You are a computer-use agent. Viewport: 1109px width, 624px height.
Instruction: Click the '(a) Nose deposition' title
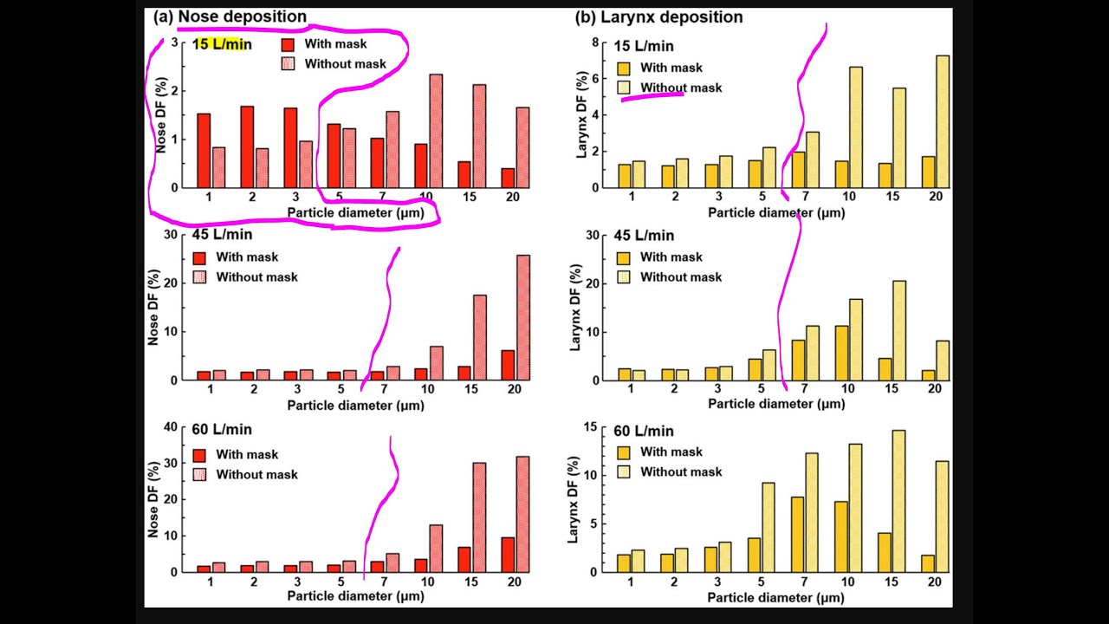click(230, 16)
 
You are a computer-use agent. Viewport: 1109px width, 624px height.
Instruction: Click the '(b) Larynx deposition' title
click(659, 17)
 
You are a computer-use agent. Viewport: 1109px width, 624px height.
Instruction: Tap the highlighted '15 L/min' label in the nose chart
click(222, 44)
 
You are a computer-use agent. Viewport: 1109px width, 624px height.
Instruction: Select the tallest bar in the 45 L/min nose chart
click(523, 317)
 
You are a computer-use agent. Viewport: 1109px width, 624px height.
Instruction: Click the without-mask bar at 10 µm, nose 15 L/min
click(436, 131)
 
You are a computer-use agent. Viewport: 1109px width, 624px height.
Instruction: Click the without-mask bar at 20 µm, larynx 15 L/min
click(943, 121)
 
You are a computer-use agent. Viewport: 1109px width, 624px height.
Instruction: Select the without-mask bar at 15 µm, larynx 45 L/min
click(899, 330)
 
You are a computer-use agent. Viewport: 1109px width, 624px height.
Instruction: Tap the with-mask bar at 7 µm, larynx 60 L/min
click(798, 534)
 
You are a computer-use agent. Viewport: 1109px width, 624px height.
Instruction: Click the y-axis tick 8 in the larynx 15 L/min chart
click(594, 42)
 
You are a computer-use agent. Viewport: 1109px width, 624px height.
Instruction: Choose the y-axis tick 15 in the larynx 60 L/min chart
click(593, 426)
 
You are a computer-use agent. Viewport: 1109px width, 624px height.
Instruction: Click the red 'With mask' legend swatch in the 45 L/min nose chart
click(199, 257)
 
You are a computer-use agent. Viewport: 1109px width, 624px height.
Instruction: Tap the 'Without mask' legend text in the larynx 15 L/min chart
click(681, 88)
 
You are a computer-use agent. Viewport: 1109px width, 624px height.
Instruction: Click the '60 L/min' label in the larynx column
click(644, 431)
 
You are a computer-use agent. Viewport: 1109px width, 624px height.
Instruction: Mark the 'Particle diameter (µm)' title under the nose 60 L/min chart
click(356, 596)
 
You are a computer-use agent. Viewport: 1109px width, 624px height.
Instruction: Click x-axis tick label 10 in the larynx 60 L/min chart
click(849, 582)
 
